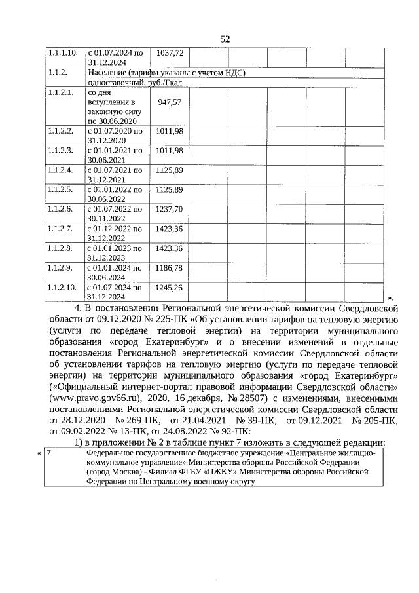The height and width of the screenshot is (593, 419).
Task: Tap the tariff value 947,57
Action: pyautogui.click(x=170, y=103)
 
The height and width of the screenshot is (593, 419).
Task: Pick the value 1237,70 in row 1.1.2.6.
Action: pyautogui.click(x=170, y=209)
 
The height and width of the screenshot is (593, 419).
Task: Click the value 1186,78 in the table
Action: pyautogui.click(x=170, y=268)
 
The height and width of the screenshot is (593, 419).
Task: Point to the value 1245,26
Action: pyautogui.click(x=170, y=288)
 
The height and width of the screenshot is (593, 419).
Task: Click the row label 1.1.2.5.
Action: pyautogui.click(x=60, y=189)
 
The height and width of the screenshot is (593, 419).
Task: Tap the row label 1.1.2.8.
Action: pyautogui.click(x=60, y=248)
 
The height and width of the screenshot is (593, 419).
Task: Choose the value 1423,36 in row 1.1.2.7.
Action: pyautogui.click(x=170, y=229)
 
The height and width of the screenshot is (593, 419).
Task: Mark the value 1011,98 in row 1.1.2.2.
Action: pyautogui.click(x=170, y=131)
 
